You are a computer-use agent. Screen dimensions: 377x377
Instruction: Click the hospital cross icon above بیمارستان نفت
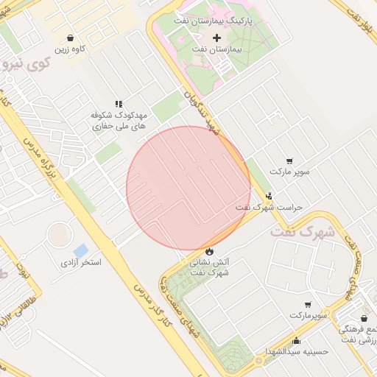tap(216, 38)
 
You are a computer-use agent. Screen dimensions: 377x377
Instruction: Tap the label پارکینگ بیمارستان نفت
tap(214, 21)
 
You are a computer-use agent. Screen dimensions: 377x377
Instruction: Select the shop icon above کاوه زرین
tap(70, 38)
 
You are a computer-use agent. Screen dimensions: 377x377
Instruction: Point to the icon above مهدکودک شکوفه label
tap(119, 105)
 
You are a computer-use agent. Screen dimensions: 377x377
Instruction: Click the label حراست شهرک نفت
tap(269, 208)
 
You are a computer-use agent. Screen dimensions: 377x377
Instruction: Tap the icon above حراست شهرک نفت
tap(269, 196)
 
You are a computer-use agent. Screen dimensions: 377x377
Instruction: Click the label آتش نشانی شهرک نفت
tap(211, 267)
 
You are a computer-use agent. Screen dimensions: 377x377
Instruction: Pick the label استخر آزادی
tap(80, 262)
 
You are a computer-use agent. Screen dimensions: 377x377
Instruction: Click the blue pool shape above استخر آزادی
tap(80, 250)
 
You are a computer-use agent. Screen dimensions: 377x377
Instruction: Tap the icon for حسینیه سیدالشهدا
tap(296, 341)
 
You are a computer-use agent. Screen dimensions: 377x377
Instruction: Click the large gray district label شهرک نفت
tap(302, 231)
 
